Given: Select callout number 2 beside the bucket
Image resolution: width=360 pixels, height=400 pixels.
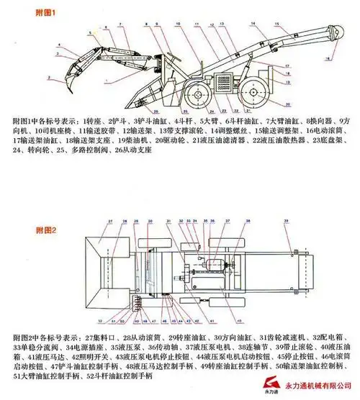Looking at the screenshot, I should coord(49,76).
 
